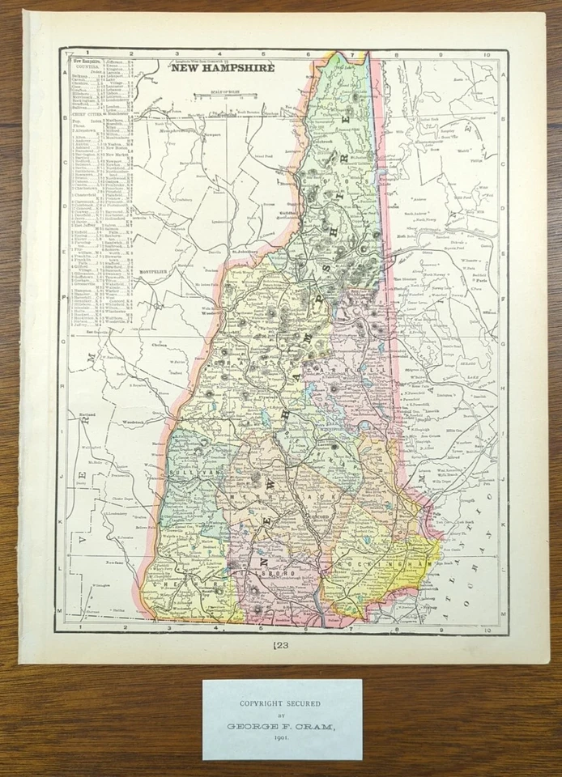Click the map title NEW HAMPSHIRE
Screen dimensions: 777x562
(x=222, y=67)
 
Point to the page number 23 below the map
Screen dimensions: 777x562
(x=282, y=645)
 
